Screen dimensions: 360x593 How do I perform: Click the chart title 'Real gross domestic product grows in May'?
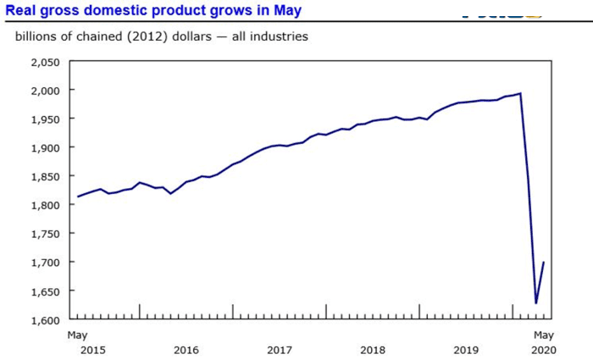[152, 11]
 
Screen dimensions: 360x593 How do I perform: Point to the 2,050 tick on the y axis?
[43, 62]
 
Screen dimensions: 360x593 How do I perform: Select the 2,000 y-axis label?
[43, 91]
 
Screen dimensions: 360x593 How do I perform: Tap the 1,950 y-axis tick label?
[43, 119]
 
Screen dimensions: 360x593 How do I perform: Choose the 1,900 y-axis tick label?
[43, 148]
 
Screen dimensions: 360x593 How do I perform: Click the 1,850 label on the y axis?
[43, 177]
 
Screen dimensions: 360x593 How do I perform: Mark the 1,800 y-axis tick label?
[43, 206]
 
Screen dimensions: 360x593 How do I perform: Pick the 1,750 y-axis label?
[43, 235]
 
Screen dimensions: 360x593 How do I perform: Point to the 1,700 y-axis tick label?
[43, 263]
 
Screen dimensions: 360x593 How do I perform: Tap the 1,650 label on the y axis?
[43, 292]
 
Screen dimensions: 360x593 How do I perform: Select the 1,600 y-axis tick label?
[43, 320]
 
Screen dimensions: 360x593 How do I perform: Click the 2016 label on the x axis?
[186, 349]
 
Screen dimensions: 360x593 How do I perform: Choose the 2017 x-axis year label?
[279, 349]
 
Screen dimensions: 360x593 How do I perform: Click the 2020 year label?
[543, 349]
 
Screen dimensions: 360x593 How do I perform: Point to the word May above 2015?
[76, 335]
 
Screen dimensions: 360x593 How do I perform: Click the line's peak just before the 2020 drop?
[520, 93]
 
